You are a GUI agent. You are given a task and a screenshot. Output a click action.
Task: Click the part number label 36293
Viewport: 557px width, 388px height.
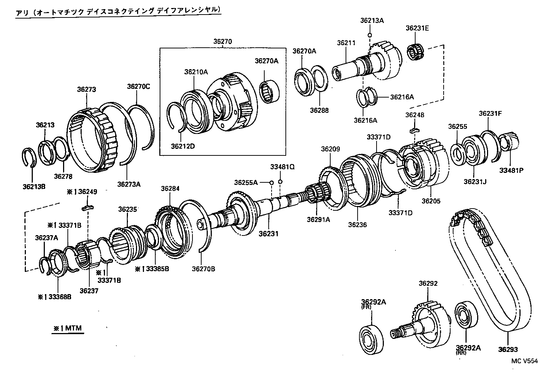click(508, 350)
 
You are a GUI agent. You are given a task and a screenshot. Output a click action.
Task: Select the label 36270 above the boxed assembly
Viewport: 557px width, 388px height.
click(222, 42)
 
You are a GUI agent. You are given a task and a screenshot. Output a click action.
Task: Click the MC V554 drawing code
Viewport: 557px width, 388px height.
click(524, 361)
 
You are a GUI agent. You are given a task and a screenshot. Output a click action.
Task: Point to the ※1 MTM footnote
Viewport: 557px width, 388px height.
click(68, 328)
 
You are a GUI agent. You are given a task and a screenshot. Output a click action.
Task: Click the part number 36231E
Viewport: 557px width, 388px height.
click(417, 28)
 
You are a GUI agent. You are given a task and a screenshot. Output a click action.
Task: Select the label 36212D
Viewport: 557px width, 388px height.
click(183, 146)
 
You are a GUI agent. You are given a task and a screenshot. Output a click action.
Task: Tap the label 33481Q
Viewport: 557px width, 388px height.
click(282, 167)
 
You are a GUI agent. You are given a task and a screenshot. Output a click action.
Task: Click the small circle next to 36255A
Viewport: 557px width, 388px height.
click(272, 182)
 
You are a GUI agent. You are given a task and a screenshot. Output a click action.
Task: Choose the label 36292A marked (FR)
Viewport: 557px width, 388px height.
click(374, 302)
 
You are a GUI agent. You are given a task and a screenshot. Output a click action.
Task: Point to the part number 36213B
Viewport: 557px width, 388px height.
click(34, 187)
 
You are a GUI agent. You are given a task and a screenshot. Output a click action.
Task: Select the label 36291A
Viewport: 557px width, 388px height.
click(318, 219)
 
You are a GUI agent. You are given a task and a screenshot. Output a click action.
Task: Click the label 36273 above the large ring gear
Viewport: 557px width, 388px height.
click(86, 89)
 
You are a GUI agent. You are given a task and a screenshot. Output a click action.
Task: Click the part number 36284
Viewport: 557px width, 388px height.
click(171, 188)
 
